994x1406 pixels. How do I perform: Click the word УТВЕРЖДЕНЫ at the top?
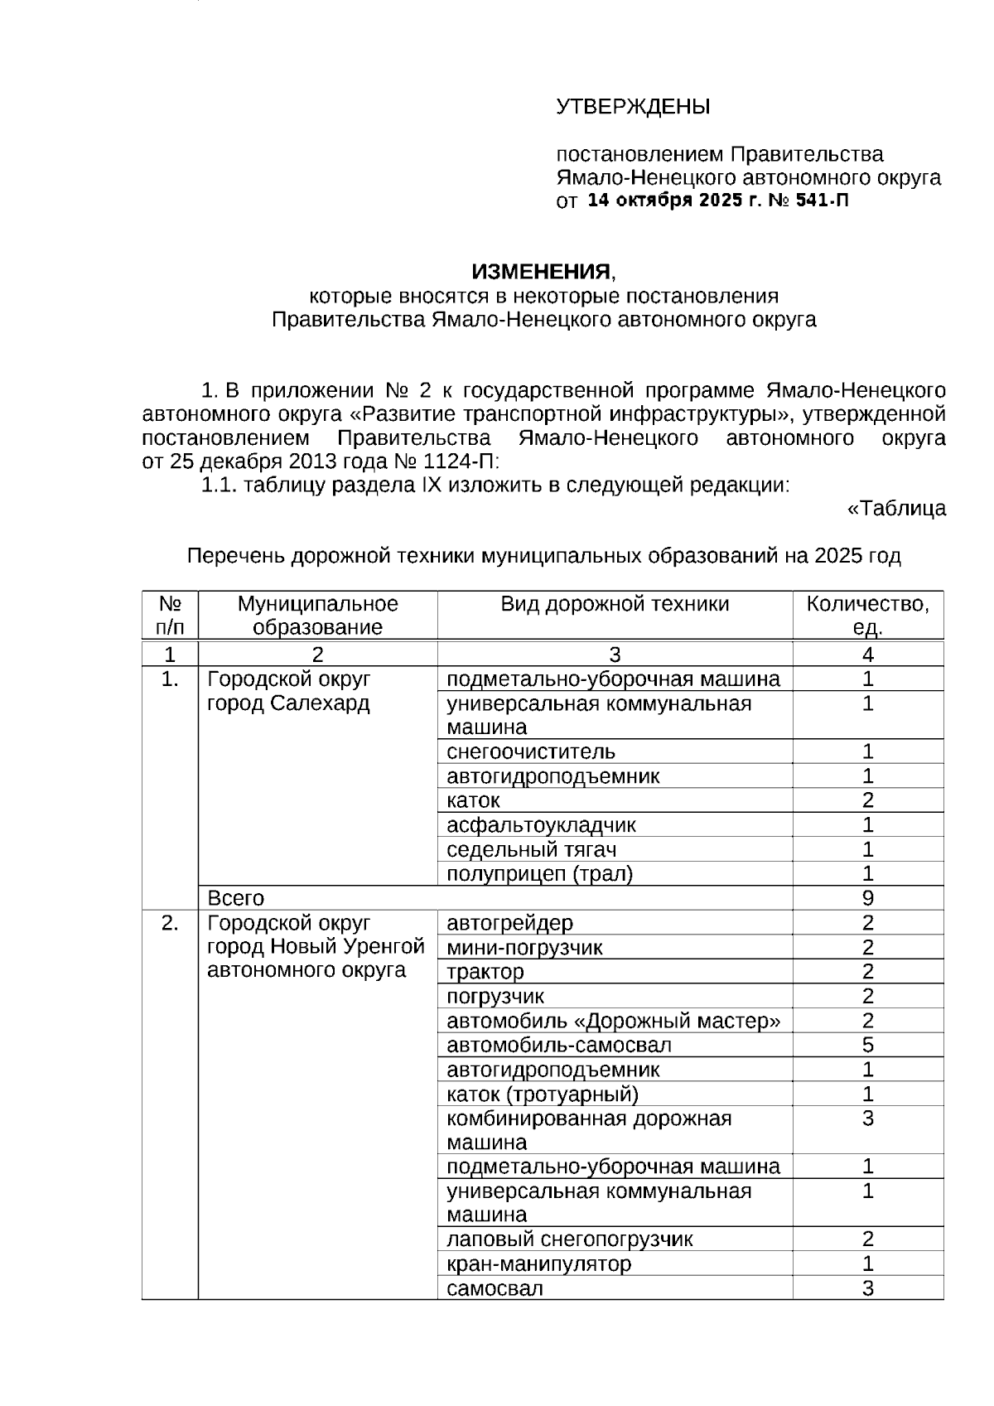[x=633, y=107]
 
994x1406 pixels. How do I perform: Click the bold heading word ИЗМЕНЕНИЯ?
[x=541, y=272]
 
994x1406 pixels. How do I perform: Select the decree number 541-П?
[x=822, y=201]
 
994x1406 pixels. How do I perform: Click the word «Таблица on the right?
[x=896, y=508]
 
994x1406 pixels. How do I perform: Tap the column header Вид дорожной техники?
[x=615, y=604]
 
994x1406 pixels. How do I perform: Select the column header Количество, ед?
[x=867, y=615]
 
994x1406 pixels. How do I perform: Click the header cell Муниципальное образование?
[x=317, y=615]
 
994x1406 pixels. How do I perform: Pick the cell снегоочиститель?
[x=531, y=751]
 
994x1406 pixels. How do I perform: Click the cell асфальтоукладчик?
[x=541, y=825]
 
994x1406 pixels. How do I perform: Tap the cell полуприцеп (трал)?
[x=539, y=874]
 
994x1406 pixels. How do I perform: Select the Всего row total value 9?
[x=867, y=898]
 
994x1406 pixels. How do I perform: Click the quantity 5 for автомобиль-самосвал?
[x=867, y=1045]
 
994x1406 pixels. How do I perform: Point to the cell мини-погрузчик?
[x=524, y=948]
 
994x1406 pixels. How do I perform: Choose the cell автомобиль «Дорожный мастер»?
[x=613, y=1021]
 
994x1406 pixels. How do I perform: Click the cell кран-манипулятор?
[x=538, y=1264]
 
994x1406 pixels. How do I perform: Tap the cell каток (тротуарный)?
[x=543, y=1094]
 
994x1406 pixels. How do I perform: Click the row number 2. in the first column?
[x=170, y=923]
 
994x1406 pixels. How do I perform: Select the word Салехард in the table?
[x=322, y=703]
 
